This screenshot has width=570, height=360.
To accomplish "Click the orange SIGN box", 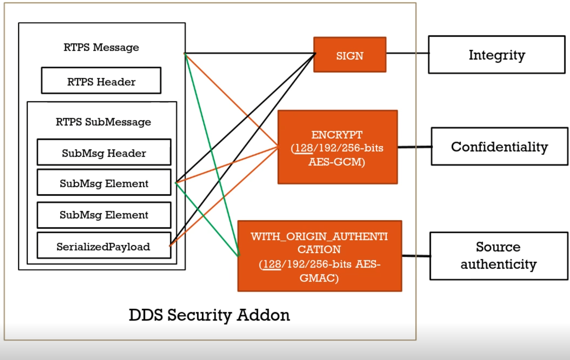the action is pos(350,55).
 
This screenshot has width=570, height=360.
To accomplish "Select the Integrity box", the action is pos(497,55).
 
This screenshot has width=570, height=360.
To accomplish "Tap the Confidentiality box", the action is pos(499,146).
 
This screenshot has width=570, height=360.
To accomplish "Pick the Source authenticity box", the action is pos(499,256).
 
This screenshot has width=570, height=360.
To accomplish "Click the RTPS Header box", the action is pos(101,81).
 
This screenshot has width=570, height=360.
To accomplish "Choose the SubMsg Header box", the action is pos(104,152).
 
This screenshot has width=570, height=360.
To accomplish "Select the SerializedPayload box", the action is pos(104,246).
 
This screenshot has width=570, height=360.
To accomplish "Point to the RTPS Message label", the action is pos(101,47).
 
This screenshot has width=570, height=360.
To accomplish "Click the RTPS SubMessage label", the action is pos(103,122).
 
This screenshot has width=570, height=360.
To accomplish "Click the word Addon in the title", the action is pos(264,315).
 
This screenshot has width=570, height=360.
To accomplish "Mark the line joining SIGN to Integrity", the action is pos(408,53).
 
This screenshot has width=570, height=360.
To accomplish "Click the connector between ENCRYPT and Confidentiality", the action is pos(415,147).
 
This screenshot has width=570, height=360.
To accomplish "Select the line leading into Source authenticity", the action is pos(416,256).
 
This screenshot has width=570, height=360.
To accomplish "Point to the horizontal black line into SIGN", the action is pos(250,53).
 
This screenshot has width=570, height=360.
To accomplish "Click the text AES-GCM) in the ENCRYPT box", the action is pos(336,162).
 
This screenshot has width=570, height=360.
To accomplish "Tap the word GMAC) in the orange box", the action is pos(319,278).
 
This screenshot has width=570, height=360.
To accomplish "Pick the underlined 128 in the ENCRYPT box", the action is pos(304,148).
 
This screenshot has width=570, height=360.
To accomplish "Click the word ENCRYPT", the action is pos(337,135).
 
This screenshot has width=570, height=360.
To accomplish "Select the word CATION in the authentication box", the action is pos(319,249).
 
